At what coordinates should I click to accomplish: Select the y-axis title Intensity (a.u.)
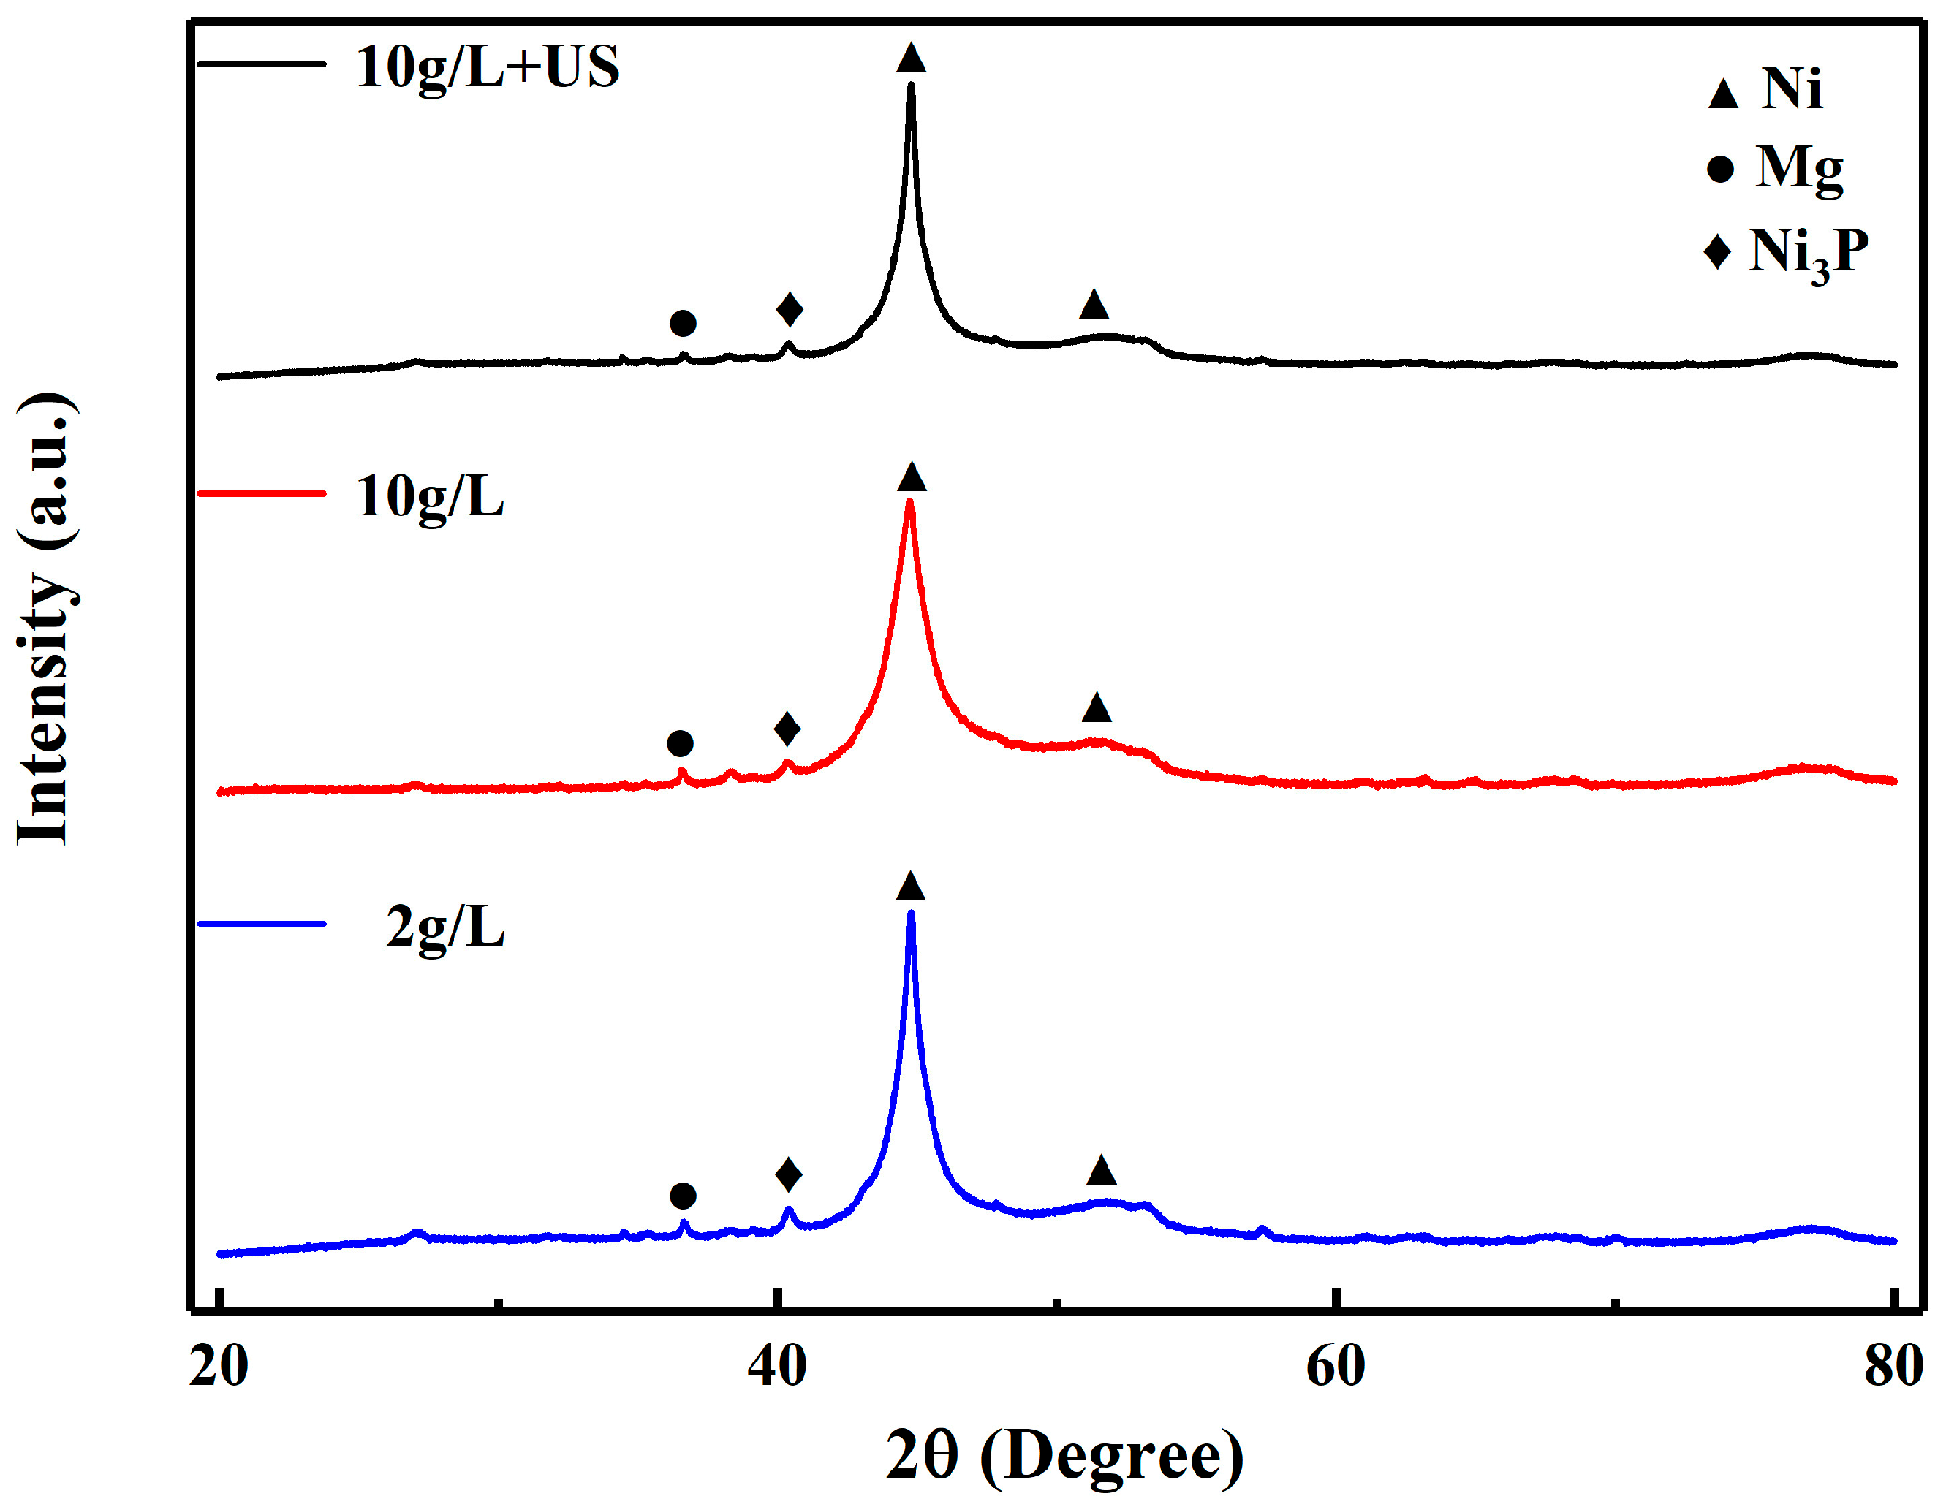point(45,618)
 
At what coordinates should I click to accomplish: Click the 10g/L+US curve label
point(487,68)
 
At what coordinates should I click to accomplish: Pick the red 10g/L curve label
point(429,497)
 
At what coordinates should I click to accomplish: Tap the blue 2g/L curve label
point(444,928)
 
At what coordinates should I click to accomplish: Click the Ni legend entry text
point(1791,89)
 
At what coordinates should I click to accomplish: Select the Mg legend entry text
point(1799,167)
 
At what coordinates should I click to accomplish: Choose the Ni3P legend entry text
point(1808,252)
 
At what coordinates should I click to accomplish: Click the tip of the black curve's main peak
point(911,86)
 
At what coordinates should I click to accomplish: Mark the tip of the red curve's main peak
point(909,502)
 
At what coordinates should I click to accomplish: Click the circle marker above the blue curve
point(683,1195)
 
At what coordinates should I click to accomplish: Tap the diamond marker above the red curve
point(787,729)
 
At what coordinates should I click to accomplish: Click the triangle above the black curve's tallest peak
point(911,58)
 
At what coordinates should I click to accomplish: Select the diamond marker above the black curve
point(790,309)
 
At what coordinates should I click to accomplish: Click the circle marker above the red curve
point(680,743)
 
